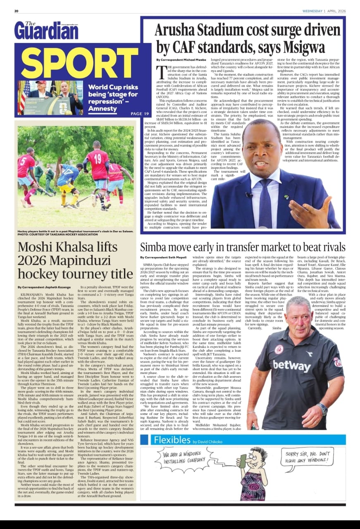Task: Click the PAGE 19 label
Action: tap(139, 113)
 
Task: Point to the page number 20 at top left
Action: tap(17, 11)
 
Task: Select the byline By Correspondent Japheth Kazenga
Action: tap(44, 287)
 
